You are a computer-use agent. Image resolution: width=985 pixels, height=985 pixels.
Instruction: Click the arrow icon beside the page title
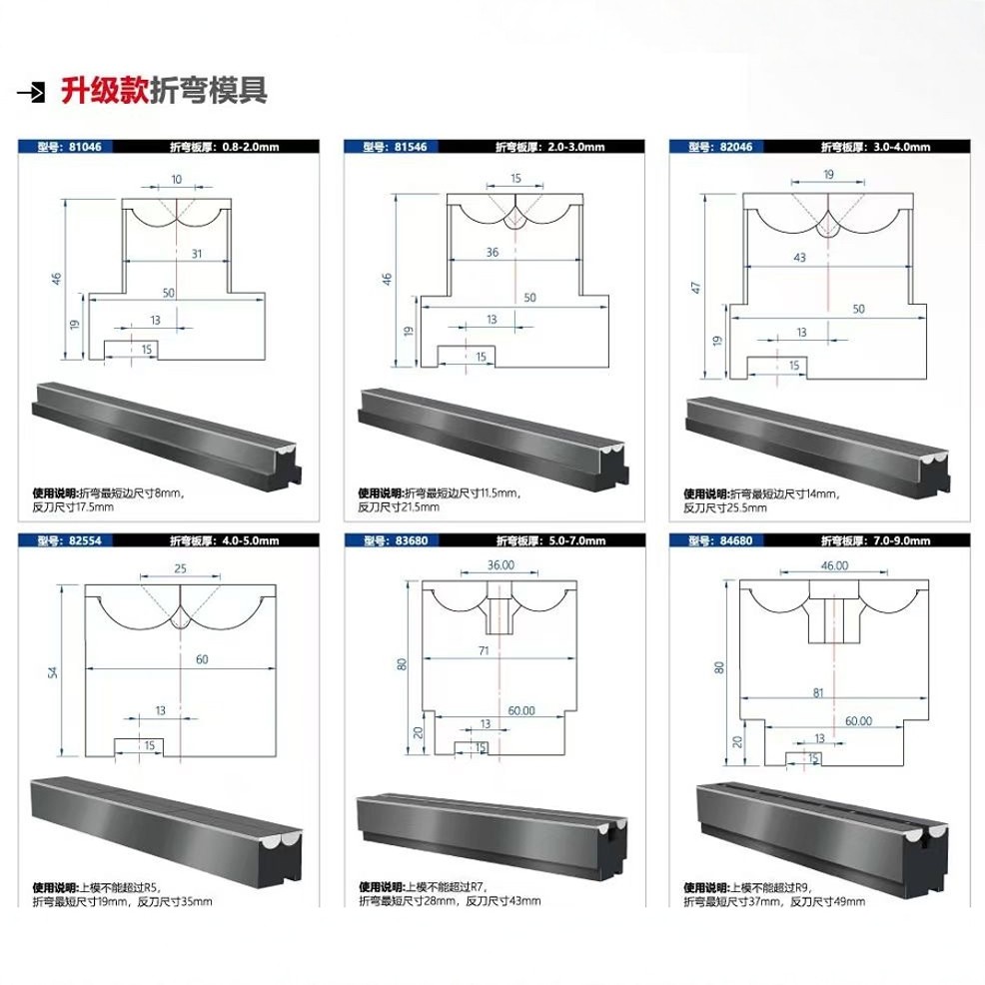click(32, 93)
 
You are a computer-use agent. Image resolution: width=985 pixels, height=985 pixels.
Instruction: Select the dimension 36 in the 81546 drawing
click(492, 253)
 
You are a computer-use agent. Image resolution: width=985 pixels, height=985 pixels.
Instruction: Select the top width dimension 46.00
click(834, 564)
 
